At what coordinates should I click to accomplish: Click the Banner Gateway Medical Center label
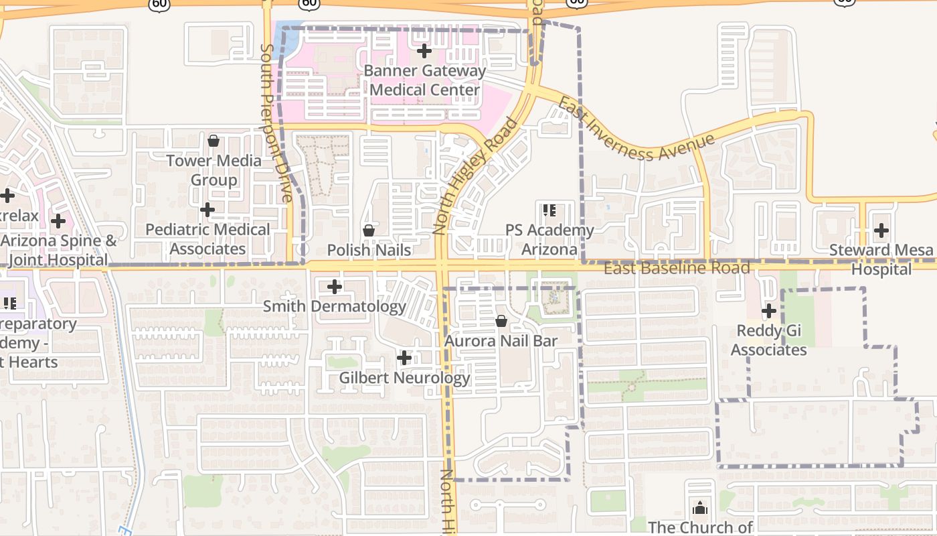(x=424, y=80)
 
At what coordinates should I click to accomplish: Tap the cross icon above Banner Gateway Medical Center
(x=424, y=51)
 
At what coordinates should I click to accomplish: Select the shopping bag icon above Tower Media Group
(x=214, y=141)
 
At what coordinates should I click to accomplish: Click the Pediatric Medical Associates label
(x=207, y=239)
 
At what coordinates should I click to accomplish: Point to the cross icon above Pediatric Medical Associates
(x=207, y=210)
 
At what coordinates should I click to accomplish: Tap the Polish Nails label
(x=369, y=250)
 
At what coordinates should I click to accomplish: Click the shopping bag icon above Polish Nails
(x=368, y=230)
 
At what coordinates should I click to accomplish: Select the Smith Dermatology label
(x=334, y=306)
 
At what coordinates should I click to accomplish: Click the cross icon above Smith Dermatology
(x=334, y=287)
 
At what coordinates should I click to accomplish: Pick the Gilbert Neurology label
(x=404, y=377)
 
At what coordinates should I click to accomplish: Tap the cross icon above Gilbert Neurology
(x=404, y=358)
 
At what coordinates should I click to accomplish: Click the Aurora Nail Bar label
(x=501, y=341)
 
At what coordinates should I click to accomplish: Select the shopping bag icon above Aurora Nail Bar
(x=501, y=322)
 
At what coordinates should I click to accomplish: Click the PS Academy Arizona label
(x=549, y=239)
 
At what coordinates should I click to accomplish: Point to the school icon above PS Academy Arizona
(x=549, y=210)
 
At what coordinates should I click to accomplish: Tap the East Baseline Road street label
(x=677, y=269)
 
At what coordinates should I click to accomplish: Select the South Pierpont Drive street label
(x=276, y=123)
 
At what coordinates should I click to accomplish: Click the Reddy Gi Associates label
(x=768, y=340)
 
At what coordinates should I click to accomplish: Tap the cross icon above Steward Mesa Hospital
(x=881, y=230)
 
